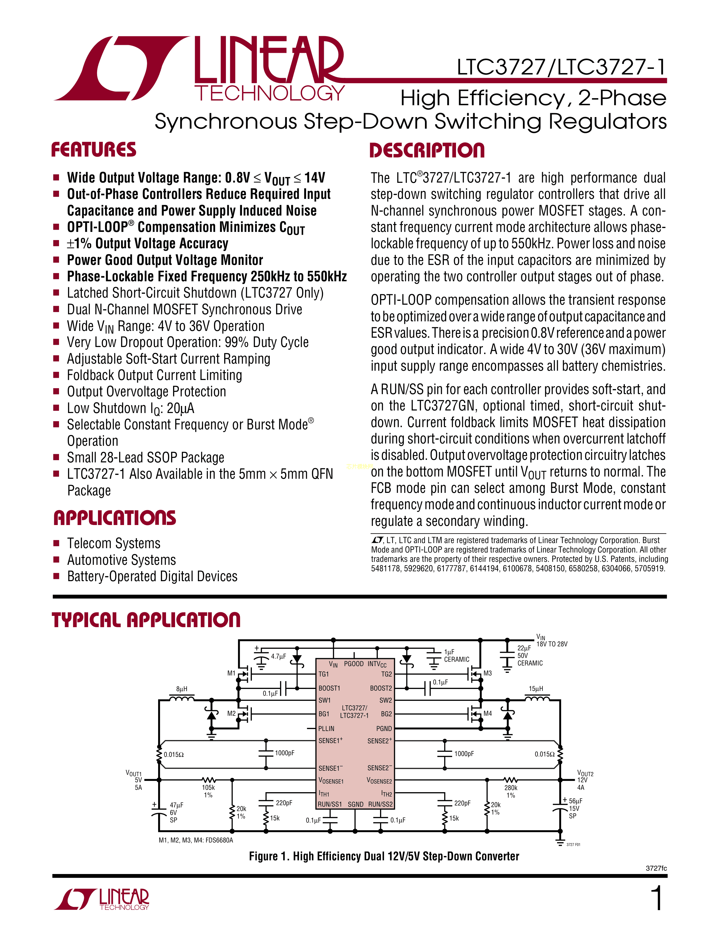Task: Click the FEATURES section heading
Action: [x=94, y=150]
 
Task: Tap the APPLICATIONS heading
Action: [x=115, y=518]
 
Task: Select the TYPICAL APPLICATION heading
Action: [x=146, y=620]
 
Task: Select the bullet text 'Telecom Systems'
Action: [x=114, y=544]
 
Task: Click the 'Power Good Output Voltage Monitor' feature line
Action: [x=165, y=260]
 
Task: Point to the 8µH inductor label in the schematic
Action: [x=182, y=689]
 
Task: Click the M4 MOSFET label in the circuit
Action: [x=488, y=713]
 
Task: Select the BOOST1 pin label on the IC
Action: [x=329, y=688]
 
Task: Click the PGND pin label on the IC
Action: [x=384, y=728]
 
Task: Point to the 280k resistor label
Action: [x=510, y=788]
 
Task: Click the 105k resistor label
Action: [x=208, y=787]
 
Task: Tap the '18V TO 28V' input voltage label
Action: [x=552, y=644]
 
